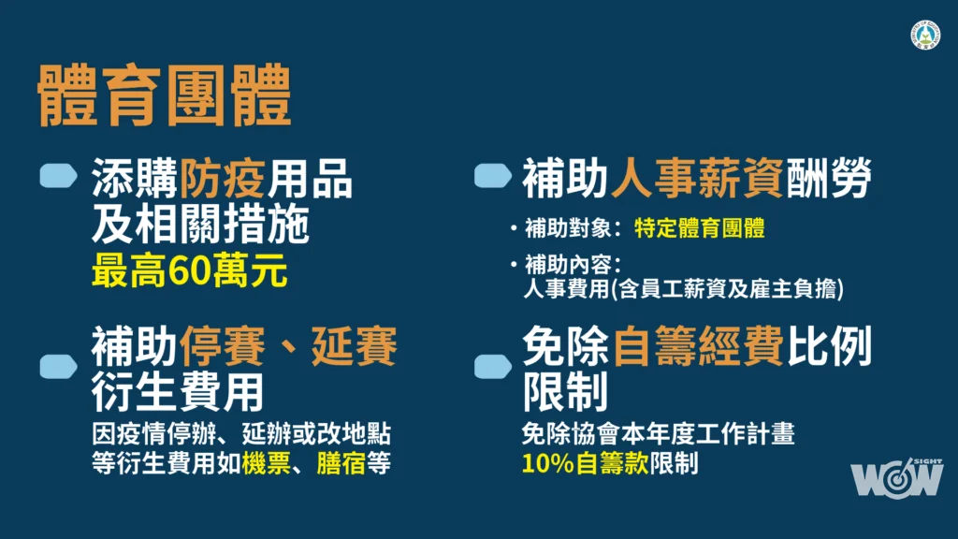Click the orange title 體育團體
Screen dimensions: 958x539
pos(165,95)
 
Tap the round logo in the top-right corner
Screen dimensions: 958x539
pos(925,35)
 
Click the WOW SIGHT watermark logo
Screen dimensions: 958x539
pos(896,477)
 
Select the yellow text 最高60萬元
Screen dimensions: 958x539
pos(189,270)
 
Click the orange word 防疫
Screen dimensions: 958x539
pos(223,179)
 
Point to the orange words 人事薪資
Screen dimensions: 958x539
pos(697,179)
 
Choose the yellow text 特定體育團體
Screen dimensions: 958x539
pos(700,228)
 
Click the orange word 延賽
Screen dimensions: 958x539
pos(355,346)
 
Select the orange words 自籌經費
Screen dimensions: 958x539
pos(698,346)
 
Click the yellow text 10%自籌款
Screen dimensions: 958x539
pos(585,463)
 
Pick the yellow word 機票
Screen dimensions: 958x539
pos(266,463)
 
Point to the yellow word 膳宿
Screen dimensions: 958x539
pos(341,463)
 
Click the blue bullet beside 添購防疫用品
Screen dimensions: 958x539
pos(59,175)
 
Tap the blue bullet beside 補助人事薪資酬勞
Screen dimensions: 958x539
pos(493,175)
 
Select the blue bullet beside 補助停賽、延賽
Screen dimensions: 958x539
pos(59,366)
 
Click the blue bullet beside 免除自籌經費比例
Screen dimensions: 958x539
pos(493,366)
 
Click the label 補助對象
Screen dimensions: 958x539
pos(568,228)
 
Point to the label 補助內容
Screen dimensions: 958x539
pos(568,265)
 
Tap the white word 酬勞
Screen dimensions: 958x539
pos(829,179)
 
